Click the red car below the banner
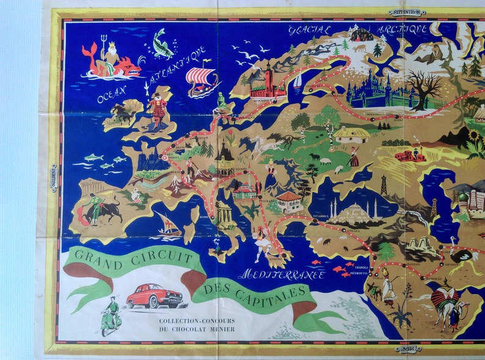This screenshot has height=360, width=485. click(154, 296)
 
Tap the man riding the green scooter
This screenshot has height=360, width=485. click(111, 314)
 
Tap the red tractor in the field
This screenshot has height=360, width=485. click(410, 155)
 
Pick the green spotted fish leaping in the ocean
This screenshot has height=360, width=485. click(162, 44)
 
